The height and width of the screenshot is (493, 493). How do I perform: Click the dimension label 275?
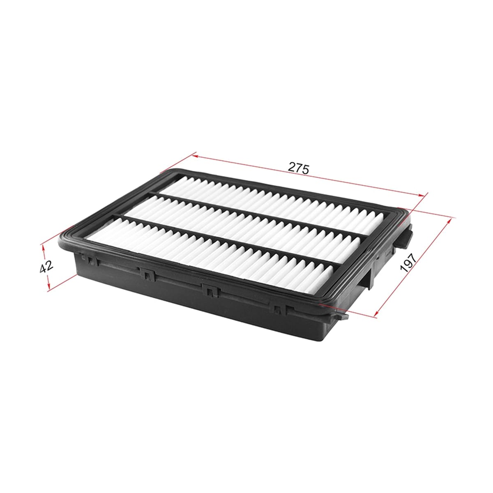(299, 168)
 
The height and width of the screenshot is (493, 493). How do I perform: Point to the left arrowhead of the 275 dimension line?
(196, 156)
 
